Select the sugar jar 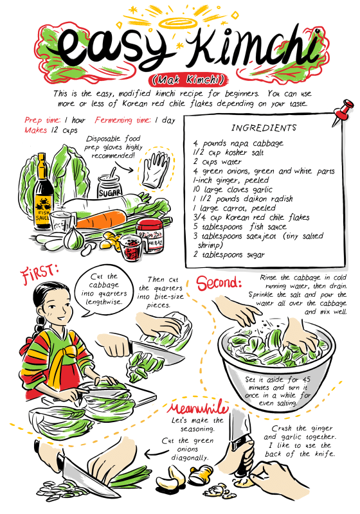pyautogui.click(x=110, y=186)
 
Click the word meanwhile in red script pyautogui.click(x=197, y=409)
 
